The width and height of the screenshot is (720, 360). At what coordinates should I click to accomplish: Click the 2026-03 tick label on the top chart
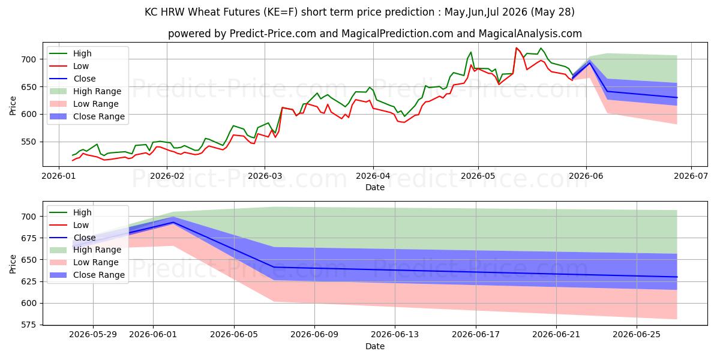[x=265, y=176]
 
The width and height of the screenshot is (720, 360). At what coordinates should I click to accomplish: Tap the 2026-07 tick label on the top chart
[x=691, y=176]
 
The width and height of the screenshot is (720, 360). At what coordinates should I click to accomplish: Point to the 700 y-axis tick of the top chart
[x=28, y=59]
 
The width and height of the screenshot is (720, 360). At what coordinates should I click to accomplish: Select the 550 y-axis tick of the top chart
[x=28, y=142]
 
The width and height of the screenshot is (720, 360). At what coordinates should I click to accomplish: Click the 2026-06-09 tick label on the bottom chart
[x=314, y=335]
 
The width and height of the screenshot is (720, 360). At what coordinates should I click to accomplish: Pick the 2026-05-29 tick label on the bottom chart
[x=93, y=335]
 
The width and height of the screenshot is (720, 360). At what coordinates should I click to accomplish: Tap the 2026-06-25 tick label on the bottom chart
[x=637, y=335]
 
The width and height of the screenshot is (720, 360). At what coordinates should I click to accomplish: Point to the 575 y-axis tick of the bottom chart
[x=28, y=325]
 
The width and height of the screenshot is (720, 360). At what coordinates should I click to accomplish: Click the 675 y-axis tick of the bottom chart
[x=28, y=238]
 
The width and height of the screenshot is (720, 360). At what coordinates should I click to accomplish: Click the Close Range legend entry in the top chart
[x=87, y=116]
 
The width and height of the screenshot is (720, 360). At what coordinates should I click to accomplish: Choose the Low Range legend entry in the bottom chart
[x=84, y=262]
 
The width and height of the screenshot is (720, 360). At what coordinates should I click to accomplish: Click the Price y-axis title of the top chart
[x=13, y=106]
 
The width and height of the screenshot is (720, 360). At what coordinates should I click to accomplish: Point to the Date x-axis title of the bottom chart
[x=375, y=346]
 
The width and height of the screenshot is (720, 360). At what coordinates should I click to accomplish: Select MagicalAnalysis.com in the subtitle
[x=530, y=34]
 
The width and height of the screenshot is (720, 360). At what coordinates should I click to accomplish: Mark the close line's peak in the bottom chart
[x=173, y=222]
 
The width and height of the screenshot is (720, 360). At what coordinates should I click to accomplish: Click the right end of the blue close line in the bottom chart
[x=677, y=277]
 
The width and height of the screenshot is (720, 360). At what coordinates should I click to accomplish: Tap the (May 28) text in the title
[x=553, y=12]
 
